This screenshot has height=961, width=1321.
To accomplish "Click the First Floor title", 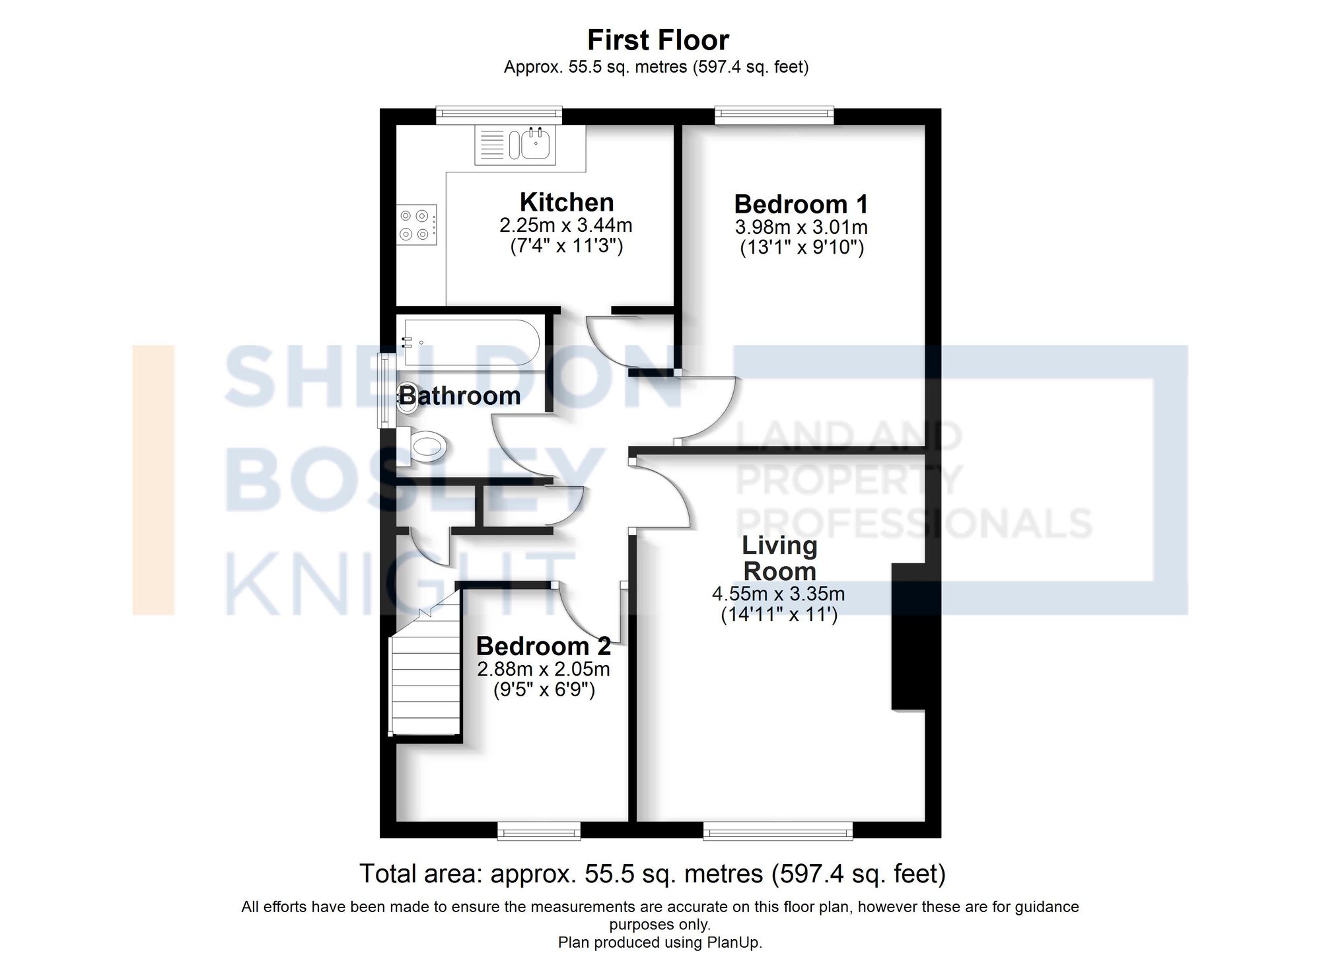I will (x=658, y=40).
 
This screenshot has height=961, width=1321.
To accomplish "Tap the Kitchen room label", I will (x=567, y=202).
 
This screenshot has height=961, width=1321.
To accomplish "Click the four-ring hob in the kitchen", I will (x=417, y=225).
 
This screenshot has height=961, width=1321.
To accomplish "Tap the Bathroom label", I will (x=460, y=396).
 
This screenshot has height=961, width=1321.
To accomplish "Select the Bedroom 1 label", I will (x=801, y=204).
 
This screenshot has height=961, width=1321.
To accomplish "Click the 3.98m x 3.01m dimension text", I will (x=801, y=227).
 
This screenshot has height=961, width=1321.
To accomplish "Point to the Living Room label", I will (x=780, y=558).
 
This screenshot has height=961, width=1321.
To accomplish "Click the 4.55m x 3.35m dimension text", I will (x=778, y=594).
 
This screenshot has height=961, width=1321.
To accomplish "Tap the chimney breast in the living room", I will (x=908, y=636).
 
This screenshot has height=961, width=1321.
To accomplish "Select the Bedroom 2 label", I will (x=543, y=646).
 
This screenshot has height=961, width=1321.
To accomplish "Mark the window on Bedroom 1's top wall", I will (x=774, y=116).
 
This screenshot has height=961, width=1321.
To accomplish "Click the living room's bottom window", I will (x=777, y=831).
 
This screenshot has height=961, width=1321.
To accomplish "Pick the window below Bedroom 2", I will (x=538, y=831).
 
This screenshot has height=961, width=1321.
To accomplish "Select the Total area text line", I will (x=653, y=874).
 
